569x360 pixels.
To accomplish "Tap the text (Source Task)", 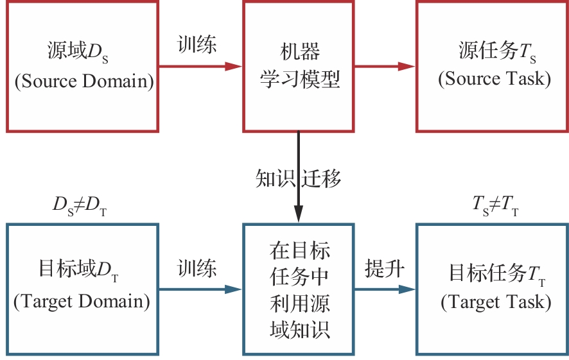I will [495, 79].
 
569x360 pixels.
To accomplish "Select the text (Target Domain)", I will [82, 301].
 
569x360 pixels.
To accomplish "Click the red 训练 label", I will [197, 45].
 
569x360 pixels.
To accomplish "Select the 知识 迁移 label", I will [299, 178].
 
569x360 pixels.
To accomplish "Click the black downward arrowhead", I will [299, 215].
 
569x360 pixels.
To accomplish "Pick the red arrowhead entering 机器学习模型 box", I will [234, 66].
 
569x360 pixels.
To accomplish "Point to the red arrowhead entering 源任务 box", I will [407, 66].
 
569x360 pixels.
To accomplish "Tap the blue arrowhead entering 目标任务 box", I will [407, 289].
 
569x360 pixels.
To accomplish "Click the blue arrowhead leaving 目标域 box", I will [234, 289].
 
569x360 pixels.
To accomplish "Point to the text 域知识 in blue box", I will [299, 329].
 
